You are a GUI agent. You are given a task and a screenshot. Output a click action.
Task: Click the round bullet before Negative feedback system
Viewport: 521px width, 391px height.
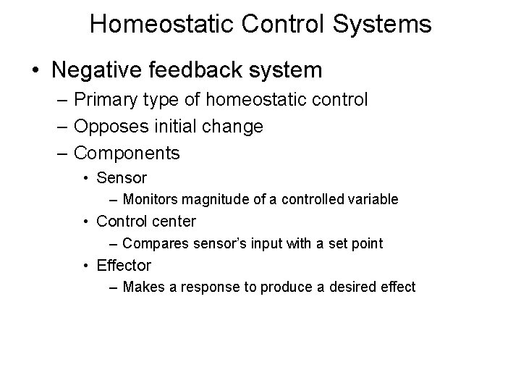[x=35, y=71]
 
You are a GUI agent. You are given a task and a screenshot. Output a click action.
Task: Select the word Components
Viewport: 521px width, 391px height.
[x=127, y=154]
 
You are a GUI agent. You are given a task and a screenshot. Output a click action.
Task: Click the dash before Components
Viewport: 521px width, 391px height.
[x=64, y=154]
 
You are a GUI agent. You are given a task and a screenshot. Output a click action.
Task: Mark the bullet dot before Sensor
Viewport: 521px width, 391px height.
[x=88, y=178]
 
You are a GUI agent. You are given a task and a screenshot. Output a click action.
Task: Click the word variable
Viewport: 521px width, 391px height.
[x=374, y=199]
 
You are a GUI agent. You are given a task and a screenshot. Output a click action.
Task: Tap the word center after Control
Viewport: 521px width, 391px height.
[x=172, y=221]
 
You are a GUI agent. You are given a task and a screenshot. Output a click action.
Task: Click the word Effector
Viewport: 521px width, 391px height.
[x=124, y=266]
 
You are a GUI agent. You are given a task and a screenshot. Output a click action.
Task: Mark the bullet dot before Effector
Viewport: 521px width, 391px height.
[x=88, y=266]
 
